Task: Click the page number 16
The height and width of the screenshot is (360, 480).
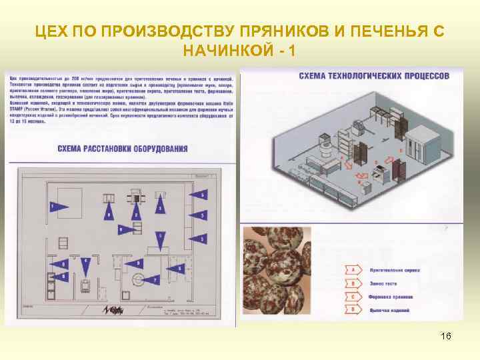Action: (446, 336)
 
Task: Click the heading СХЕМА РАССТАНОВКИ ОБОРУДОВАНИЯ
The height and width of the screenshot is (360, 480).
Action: (122, 149)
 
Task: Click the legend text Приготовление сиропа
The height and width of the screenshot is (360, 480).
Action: (391, 271)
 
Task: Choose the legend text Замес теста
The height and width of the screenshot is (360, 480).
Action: (382, 284)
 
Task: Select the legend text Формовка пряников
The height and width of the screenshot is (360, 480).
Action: (390, 297)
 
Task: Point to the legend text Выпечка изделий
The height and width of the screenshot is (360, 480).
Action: (387, 311)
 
